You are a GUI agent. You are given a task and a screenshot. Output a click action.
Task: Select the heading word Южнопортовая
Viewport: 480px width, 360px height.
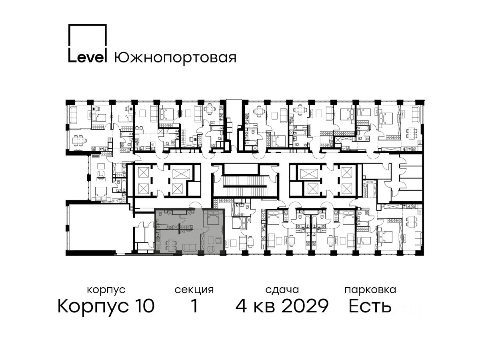point(175,58)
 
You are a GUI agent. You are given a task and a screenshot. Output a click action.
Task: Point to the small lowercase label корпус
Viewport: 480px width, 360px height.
point(106,290)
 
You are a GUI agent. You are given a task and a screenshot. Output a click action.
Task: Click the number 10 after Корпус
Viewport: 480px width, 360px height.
point(144,306)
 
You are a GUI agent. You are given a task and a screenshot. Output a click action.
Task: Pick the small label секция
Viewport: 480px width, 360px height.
point(194,290)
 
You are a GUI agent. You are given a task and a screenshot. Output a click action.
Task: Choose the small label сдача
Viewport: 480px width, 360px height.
point(282,290)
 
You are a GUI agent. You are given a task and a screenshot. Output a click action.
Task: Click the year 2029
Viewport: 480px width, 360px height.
point(305,306)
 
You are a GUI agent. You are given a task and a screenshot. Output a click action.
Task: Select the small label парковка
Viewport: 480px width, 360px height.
point(370,290)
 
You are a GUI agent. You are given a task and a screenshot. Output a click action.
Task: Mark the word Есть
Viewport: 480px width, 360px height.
point(370,306)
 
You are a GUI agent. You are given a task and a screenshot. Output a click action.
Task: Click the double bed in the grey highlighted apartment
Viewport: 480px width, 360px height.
point(212,217)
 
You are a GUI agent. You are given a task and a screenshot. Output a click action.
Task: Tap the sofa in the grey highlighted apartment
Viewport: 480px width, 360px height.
point(190,248)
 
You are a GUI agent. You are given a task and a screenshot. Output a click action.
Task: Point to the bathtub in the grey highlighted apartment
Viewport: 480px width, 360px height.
point(164,227)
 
